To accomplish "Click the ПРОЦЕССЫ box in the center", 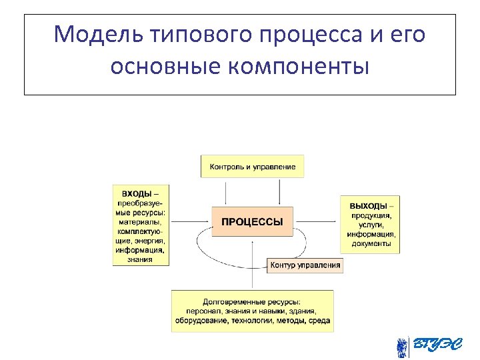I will (252, 221).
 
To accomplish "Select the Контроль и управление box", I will (252, 166).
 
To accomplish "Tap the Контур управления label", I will (305, 265).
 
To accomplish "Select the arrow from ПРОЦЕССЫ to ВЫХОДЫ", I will (317, 221).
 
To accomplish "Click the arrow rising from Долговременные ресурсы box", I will (252, 267).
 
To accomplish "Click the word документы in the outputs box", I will (371, 244).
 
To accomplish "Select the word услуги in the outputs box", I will (371, 225).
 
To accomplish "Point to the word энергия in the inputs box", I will (150, 241).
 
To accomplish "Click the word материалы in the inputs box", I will (141, 222).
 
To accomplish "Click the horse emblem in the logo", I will (402, 347).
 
